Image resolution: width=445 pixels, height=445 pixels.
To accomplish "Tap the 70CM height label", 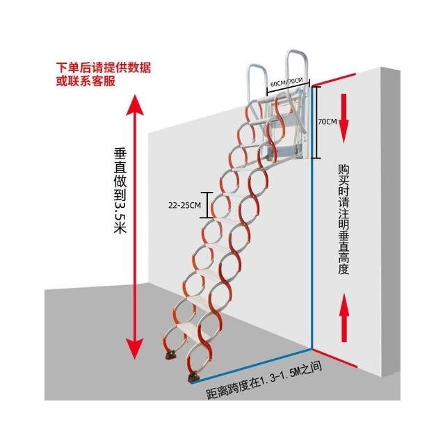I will coord(326,121).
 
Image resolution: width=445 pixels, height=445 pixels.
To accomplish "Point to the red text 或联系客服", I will coord(86,81).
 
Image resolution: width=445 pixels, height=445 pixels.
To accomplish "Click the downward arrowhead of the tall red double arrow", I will coord(136,347).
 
